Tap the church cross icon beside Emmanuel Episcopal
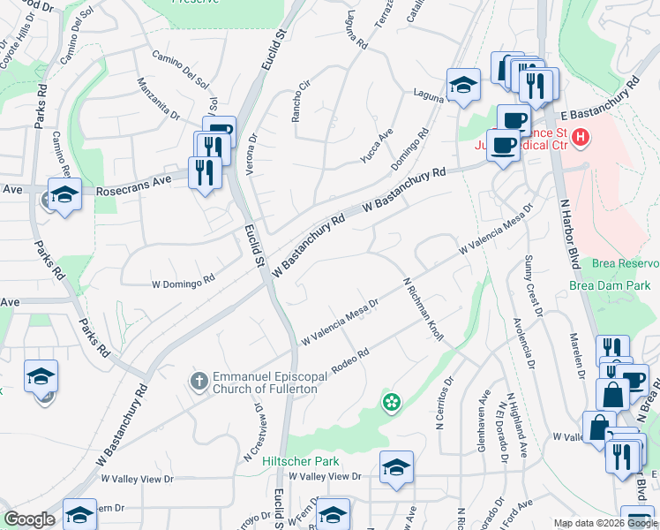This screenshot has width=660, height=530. coord(199,382)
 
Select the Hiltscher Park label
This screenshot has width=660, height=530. coord(301,461)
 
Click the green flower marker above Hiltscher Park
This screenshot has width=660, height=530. coord(390,403)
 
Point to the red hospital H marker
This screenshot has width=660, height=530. coord(580,138)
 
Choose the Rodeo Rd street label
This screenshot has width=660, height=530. coord(349,359)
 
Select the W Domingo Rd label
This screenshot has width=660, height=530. coord(184,284)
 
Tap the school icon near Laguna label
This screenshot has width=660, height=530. coord(462,86)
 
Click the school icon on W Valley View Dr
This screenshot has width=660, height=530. coord(396,467)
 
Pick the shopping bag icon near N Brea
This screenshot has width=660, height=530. coord(612,394)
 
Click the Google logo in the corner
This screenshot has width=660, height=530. coord(28,520)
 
